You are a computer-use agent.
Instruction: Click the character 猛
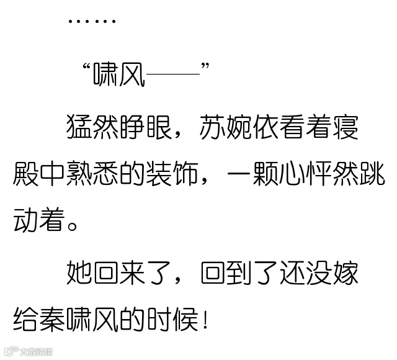(x=80, y=127)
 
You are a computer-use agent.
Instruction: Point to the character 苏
(x=214, y=127)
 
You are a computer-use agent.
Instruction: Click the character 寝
(x=348, y=127)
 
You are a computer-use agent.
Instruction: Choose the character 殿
(x=27, y=176)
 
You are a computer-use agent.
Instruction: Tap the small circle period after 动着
(x=74, y=225)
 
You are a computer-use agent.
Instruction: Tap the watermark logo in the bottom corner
(x=28, y=352)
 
